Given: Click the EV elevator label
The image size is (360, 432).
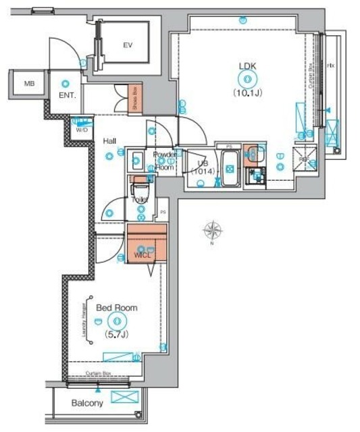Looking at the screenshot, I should coord(126,46).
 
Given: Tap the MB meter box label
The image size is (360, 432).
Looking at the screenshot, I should coord(29,84).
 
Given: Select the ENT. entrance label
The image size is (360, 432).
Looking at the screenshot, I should coord(67,96).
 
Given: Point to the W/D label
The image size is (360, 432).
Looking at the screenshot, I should coord(81,130).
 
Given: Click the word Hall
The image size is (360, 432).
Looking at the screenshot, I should coord(109,142).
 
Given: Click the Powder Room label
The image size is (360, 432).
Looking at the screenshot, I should coord(164,161).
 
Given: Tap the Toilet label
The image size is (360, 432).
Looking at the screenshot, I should coord(140,200).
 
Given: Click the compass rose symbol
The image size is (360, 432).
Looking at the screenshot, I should coord(212,231).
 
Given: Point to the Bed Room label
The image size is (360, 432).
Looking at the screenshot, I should coord(116,308).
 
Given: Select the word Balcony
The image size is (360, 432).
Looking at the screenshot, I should coord(87,404).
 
